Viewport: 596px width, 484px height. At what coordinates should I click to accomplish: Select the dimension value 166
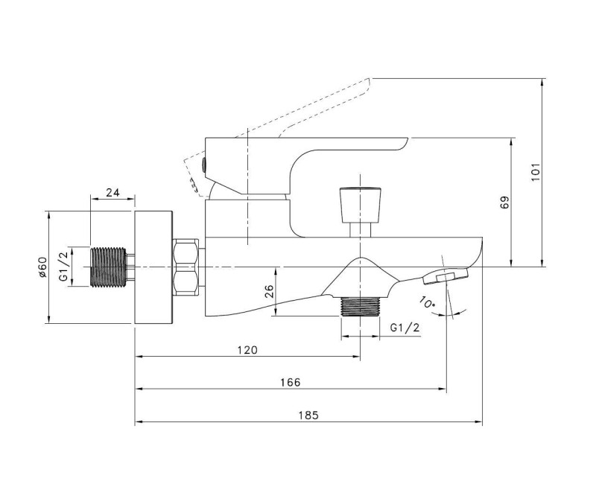pos(291,382)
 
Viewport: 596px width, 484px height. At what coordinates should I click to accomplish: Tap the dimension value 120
pos(247,349)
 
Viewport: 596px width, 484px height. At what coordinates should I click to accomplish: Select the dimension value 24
pos(113,192)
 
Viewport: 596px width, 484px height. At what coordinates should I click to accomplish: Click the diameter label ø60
pos(42,267)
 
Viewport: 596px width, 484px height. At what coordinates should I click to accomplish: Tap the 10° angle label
pos(427,303)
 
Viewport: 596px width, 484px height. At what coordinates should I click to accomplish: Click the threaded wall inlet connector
pos(110,267)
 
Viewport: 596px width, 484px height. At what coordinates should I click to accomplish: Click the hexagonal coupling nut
pos(187,267)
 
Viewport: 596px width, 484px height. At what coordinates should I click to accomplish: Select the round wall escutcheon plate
pos(154,267)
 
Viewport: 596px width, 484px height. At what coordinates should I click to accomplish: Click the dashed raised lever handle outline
pos(313,112)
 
